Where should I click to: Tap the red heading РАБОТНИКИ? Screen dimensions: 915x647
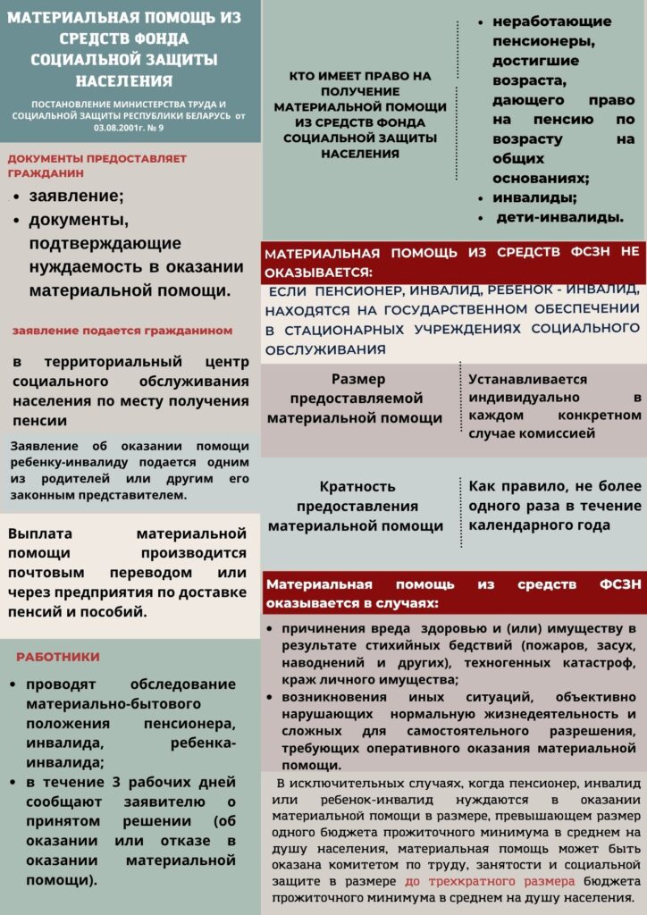pyautogui.click(x=58, y=657)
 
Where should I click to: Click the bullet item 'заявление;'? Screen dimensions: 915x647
pyautogui.click(x=77, y=197)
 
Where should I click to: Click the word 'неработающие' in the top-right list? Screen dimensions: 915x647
pyautogui.click(x=551, y=21)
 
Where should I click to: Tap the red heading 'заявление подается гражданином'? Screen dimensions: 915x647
pyautogui.click(x=122, y=331)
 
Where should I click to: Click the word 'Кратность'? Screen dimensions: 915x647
pyautogui.click(x=357, y=487)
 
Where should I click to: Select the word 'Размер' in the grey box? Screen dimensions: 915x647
pyautogui.click(x=357, y=379)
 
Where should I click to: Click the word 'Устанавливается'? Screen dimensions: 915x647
pyautogui.click(x=527, y=379)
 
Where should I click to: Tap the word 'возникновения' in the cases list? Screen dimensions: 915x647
pyautogui.click(x=336, y=697)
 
